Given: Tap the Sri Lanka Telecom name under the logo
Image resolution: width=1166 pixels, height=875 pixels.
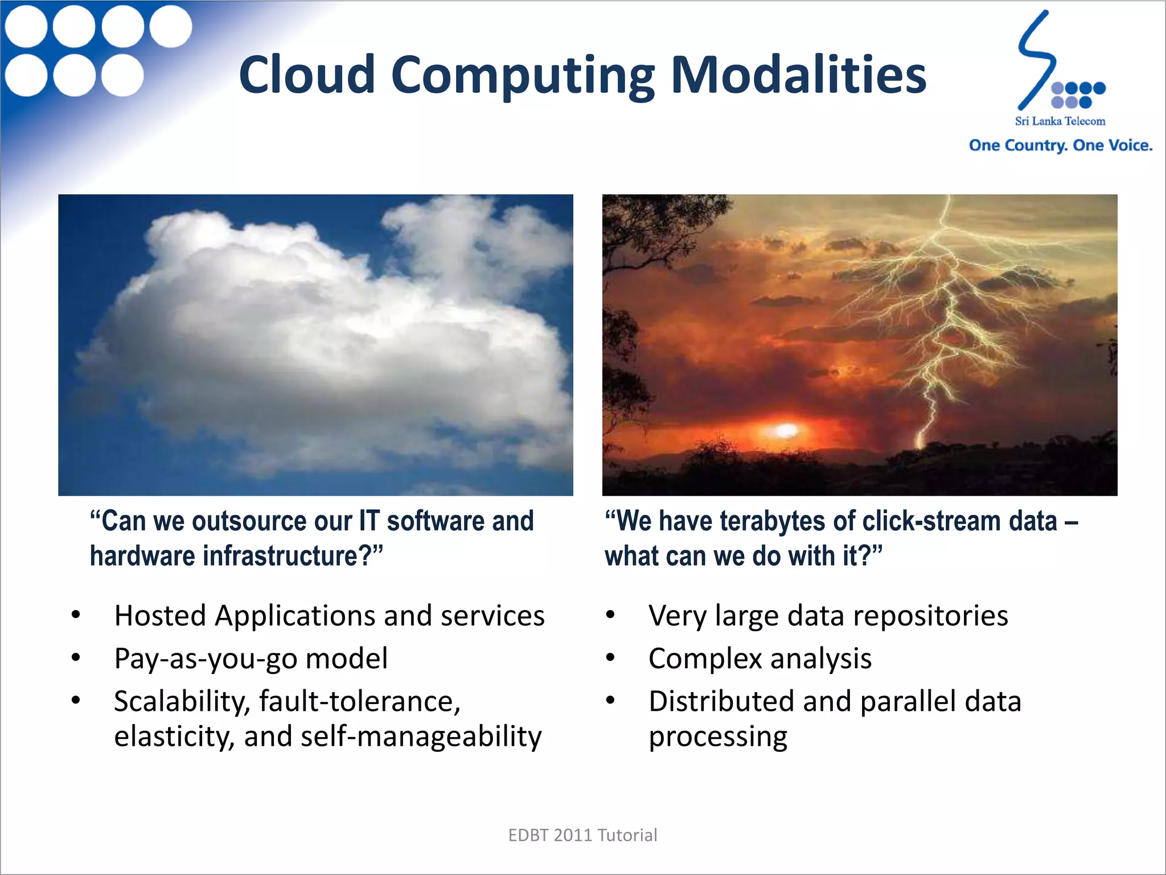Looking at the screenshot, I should [1060, 121].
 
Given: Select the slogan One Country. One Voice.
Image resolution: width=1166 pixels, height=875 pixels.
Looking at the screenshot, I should [1060, 145].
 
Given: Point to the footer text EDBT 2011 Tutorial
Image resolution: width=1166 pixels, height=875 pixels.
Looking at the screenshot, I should [582, 835].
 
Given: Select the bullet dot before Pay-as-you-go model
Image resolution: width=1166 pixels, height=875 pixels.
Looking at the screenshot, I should [76, 658].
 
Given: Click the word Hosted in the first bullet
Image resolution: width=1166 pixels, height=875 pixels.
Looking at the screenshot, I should [160, 616].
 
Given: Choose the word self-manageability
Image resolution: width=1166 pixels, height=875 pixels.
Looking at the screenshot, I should [421, 737].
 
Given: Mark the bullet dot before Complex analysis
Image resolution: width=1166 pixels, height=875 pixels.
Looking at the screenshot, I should [610, 658].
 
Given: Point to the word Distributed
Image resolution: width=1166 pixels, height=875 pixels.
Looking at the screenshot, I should [721, 701].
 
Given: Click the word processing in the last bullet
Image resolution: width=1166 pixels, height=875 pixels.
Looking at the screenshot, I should [717, 737].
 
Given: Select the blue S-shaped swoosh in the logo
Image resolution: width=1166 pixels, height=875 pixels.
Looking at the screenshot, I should [1035, 60].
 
